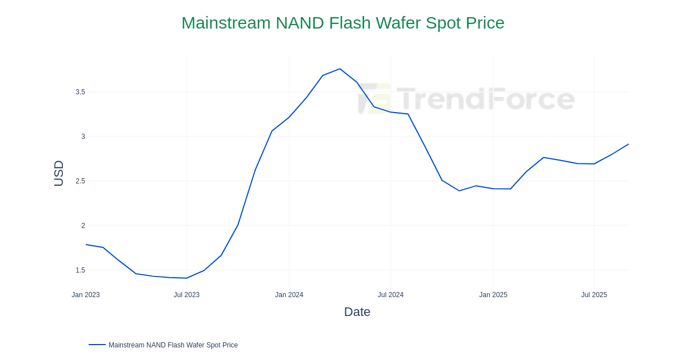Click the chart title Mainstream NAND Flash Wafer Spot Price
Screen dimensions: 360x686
click(x=342, y=23)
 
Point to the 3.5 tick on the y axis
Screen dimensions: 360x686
click(x=80, y=92)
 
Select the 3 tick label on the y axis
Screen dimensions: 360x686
click(x=83, y=137)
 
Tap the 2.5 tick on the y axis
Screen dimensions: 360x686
click(x=80, y=181)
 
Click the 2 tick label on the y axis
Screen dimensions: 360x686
click(x=83, y=226)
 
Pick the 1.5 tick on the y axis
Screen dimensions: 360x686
click(x=80, y=270)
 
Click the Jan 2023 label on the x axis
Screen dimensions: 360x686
click(x=86, y=295)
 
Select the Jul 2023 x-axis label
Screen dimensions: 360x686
click(x=186, y=295)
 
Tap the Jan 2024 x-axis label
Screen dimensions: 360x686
click(x=289, y=295)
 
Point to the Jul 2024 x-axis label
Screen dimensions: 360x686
click(x=390, y=295)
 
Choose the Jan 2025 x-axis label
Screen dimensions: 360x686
click(x=493, y=295)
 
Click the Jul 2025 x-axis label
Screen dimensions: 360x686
click(x=594, y=295)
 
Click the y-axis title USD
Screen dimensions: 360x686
click(x=59, y=173)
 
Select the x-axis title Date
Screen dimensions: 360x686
click(x=357, y=312)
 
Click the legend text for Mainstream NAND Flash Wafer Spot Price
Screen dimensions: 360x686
click(x=173, y=345)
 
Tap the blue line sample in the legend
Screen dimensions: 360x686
click(x=97, y=345)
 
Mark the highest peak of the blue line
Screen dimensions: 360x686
click(x=340, y=69)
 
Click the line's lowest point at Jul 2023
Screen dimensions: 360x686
click(x=186, y=278)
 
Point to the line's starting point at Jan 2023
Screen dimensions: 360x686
click(x=86, y=245)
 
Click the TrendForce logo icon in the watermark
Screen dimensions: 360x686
click(x=374, y=98)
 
